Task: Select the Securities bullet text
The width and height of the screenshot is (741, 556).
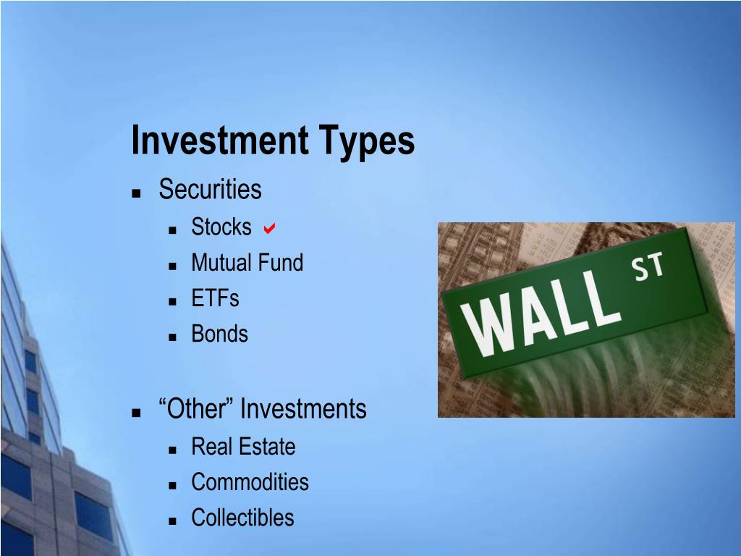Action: click(210, 190)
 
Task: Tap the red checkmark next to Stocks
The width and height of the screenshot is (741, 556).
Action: click(268, 229)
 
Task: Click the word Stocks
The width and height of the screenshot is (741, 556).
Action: click(221, 227)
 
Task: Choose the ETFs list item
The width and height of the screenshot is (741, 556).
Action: click(215, 298)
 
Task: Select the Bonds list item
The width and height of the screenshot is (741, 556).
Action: click(219, 334)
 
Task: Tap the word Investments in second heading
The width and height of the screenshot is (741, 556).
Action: click(303, 409)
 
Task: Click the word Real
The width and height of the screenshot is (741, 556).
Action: click(213, 447)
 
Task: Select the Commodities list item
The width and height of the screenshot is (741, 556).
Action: click(250, 482)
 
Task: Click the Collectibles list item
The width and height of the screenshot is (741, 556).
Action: click(242, 518)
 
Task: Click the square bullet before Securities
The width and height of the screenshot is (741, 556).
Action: click(135, 193)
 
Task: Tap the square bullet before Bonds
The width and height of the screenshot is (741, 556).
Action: click(172, 337)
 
